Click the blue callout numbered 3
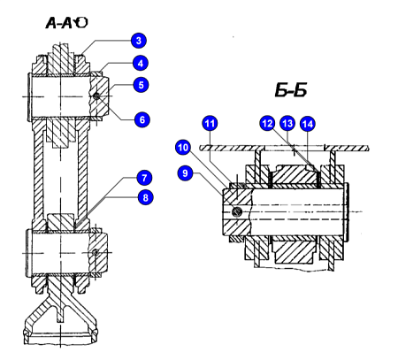tap(139, 41)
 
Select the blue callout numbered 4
tap(141, 63)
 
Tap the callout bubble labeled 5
tap(141, 85)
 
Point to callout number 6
tap(142, 119)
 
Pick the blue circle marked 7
tap(144, 178)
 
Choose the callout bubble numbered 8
tap(145, 197)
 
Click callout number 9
tap(185, 172)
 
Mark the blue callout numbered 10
tap(183, 147)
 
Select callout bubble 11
tap(210, 123)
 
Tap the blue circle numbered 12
tap(267, 123)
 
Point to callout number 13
tap(287, 123)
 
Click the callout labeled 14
tap(308, 124)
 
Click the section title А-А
tap(59, 23)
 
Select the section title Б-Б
tap(291, 90)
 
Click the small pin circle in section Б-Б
tap(237, 211)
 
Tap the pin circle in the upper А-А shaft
tap(96, 96)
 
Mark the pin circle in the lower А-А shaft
tap(96, 253)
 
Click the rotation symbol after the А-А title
tap(80, 23)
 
